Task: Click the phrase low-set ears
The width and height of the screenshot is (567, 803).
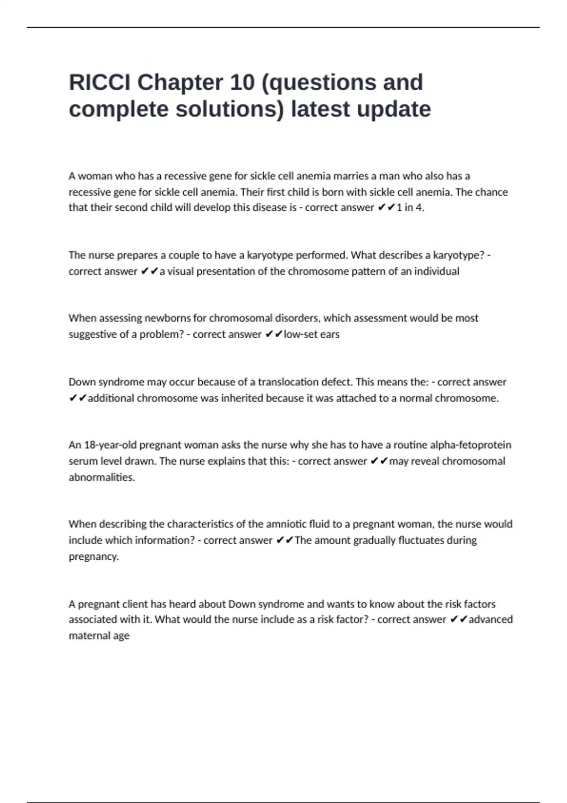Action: point(311,334)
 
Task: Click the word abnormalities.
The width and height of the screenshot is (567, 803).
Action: point(102,477)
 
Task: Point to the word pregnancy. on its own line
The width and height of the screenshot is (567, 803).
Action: point(94,556)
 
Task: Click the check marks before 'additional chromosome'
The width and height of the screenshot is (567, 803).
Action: point(77,398)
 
